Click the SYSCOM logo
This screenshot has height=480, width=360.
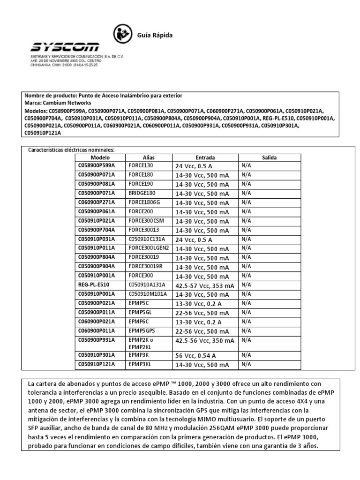coord(65,47)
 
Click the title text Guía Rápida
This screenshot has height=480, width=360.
coord(154,35)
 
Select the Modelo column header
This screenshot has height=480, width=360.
coord(100,157)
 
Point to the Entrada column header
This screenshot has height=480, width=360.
coord(205,157)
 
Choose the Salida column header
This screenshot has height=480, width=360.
coord(270,157)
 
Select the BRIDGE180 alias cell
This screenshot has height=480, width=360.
coord(142,193)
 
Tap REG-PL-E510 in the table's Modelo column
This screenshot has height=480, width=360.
coord(93,285)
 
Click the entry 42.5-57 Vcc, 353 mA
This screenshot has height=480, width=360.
coord(204,285)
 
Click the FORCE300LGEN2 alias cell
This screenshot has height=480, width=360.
coord(149,248)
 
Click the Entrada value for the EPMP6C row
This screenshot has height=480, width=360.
coord(198,322)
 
